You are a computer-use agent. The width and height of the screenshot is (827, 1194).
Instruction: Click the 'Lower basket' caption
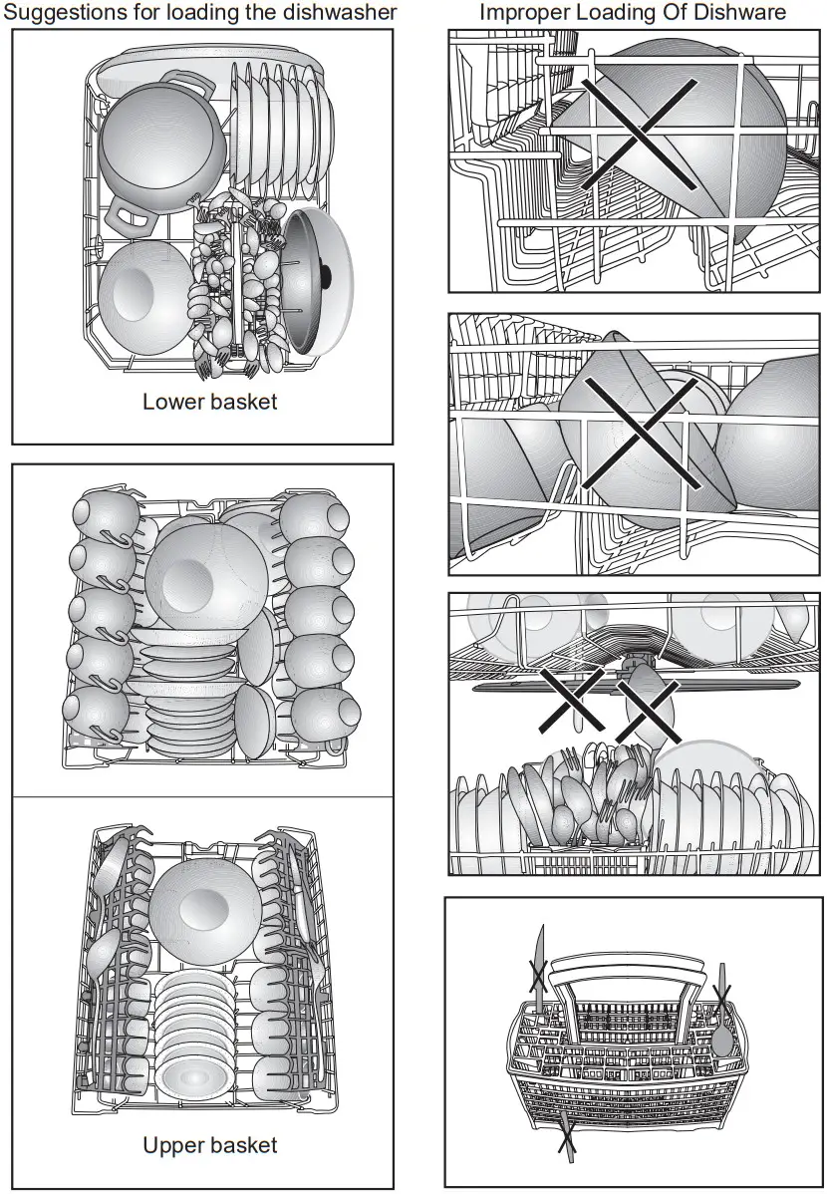tap(209, 402)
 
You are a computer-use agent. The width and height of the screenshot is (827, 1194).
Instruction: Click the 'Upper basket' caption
tap(209, 1145)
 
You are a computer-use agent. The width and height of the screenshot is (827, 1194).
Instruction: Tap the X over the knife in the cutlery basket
tap(537, 973)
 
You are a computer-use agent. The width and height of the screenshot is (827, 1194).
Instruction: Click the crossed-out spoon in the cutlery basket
tap(720, 1027)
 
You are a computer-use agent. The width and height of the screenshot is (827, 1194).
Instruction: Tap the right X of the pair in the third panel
tap(648, 711)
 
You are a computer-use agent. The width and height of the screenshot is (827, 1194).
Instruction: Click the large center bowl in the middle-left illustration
tap(206, 575)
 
